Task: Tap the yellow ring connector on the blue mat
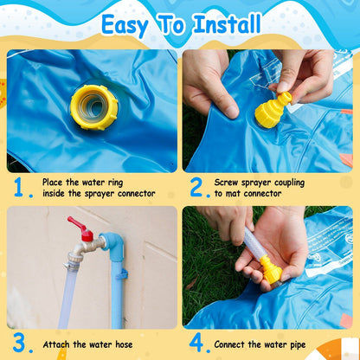93,107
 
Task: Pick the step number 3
19,344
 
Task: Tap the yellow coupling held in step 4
272,272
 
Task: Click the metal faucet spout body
85,252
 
